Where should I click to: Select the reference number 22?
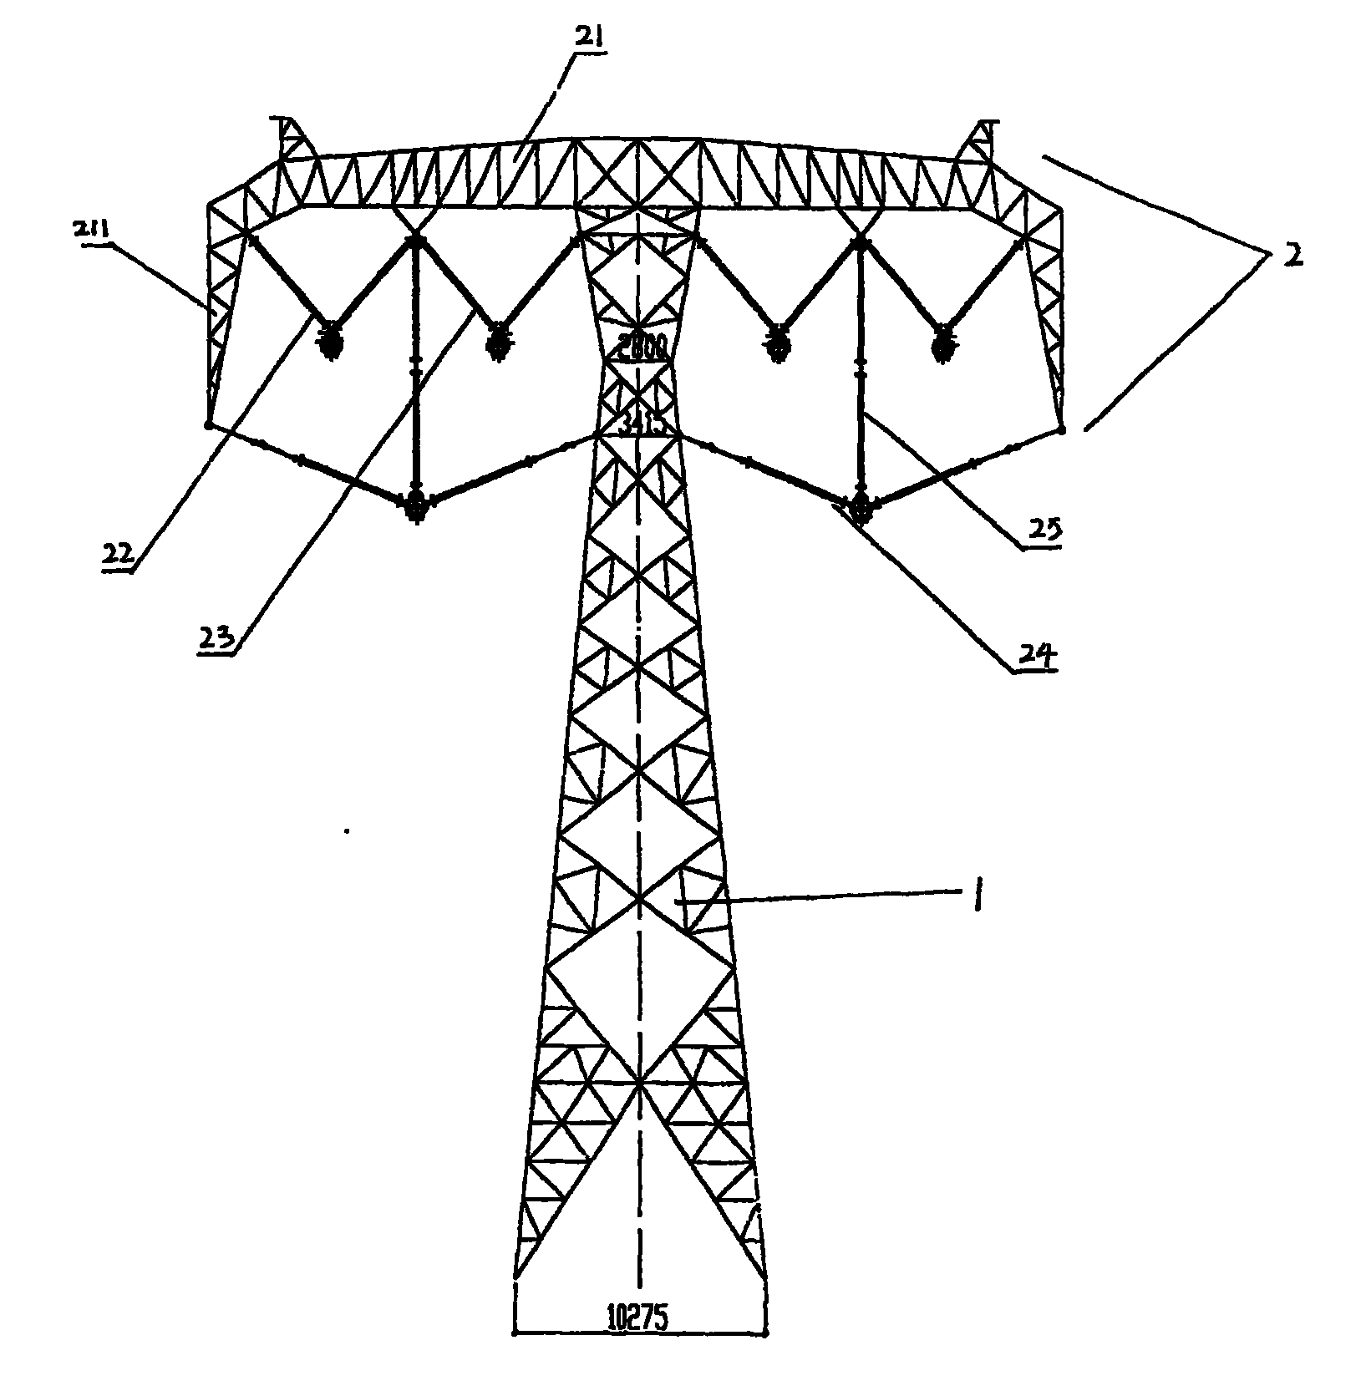[119, 553]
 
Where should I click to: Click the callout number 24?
[1035, 656]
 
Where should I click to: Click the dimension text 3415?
[640, 425]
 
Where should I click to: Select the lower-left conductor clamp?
[415, 505]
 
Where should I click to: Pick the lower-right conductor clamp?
[861, 506]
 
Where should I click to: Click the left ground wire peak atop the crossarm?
[289, 135]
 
